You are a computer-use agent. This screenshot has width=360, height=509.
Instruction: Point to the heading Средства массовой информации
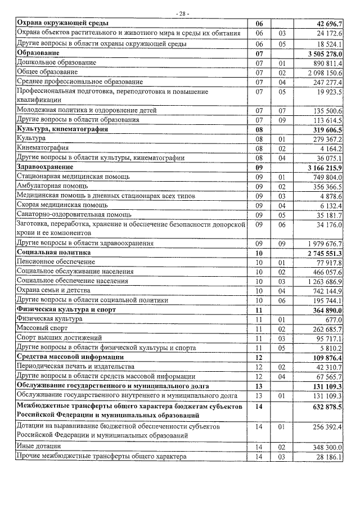[70, 357]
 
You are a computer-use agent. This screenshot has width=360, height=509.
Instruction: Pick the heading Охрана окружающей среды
[62, 23]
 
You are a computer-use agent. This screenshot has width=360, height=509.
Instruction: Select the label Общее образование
[48, 72]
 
